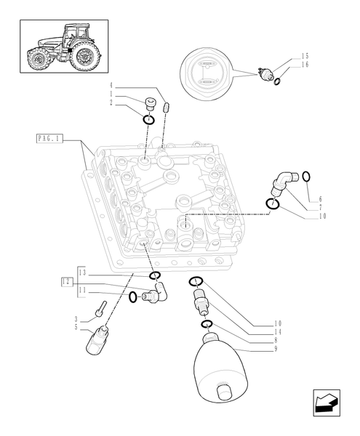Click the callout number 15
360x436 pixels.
(x=305, y=56)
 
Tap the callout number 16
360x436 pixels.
(x=305, y=64)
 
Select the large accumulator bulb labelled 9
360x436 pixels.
(x=223, y=369)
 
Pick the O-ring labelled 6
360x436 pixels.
(x=306, y=176)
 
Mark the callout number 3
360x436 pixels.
(x=76, y=318)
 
